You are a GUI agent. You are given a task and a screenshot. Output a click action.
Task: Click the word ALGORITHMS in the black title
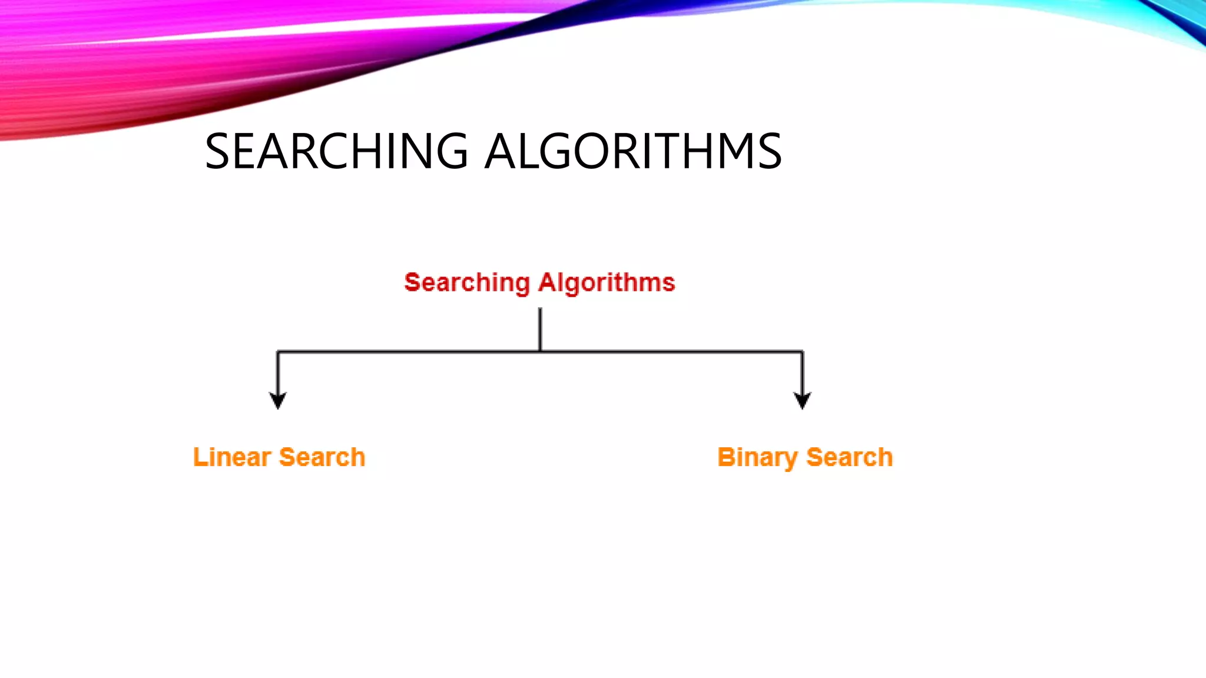(634, 151)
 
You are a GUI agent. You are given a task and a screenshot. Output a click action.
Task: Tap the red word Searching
(467, 283)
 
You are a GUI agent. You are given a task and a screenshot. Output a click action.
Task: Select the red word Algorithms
(607, 283)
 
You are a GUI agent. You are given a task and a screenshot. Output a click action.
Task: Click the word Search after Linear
(322, 457)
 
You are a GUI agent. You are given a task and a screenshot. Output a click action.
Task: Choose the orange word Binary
(757, 458)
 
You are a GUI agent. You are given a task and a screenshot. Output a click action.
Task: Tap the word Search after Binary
(850, 457)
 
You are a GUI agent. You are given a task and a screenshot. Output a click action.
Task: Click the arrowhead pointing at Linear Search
(278, 400)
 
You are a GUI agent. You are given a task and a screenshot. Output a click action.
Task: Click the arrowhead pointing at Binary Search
(802, 400)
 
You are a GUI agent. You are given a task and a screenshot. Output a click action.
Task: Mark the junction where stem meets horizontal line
(540, 351)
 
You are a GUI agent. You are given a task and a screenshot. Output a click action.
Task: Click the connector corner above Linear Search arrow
(278, 352)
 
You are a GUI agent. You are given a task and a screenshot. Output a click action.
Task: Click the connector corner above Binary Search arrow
(802, 352)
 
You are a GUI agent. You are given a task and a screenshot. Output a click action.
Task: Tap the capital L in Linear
(200, 457)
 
